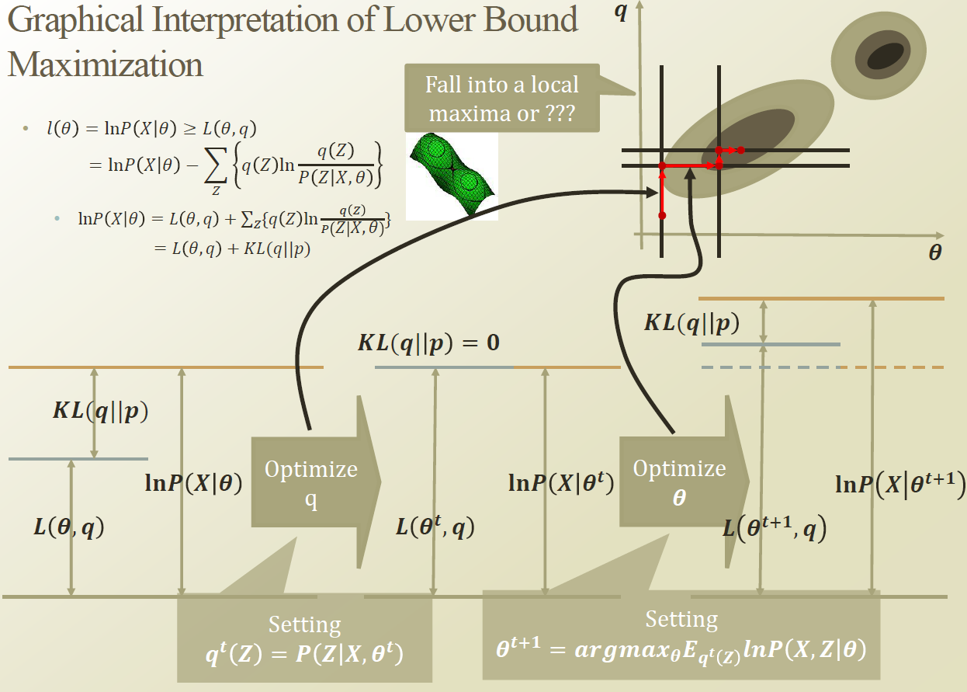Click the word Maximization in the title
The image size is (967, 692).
coord(106,64)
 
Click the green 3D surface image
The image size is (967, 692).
coord(452,175)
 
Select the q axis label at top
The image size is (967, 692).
coord(620,13)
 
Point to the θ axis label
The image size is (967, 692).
coord(935,254)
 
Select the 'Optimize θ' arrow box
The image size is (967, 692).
coord(681,482)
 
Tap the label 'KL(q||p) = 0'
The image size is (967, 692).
coord(428,343)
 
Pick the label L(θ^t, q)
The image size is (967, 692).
coord(435,528)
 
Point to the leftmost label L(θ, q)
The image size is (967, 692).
coord(68,527)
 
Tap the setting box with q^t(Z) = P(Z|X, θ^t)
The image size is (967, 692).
coord(304,642)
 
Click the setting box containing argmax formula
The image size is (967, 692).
coord(681,635)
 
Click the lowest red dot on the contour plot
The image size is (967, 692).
coord(662,215)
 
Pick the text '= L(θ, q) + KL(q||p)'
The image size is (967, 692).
coord(233,249)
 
